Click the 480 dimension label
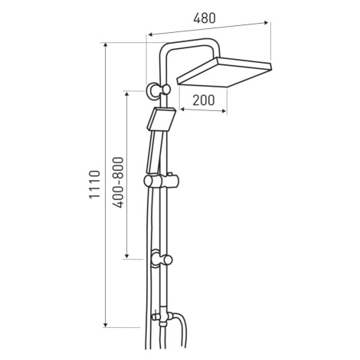pos(205,18)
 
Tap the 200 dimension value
pos(204,100)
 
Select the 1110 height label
pos(94,185)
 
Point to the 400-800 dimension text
pos(118,182)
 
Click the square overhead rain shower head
pos(224,72)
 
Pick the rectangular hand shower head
pos(162,119)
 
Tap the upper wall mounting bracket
pos(158,90)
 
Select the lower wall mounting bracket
pos(161,259)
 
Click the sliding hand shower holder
pos(161,181)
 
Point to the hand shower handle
pos(153,152)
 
